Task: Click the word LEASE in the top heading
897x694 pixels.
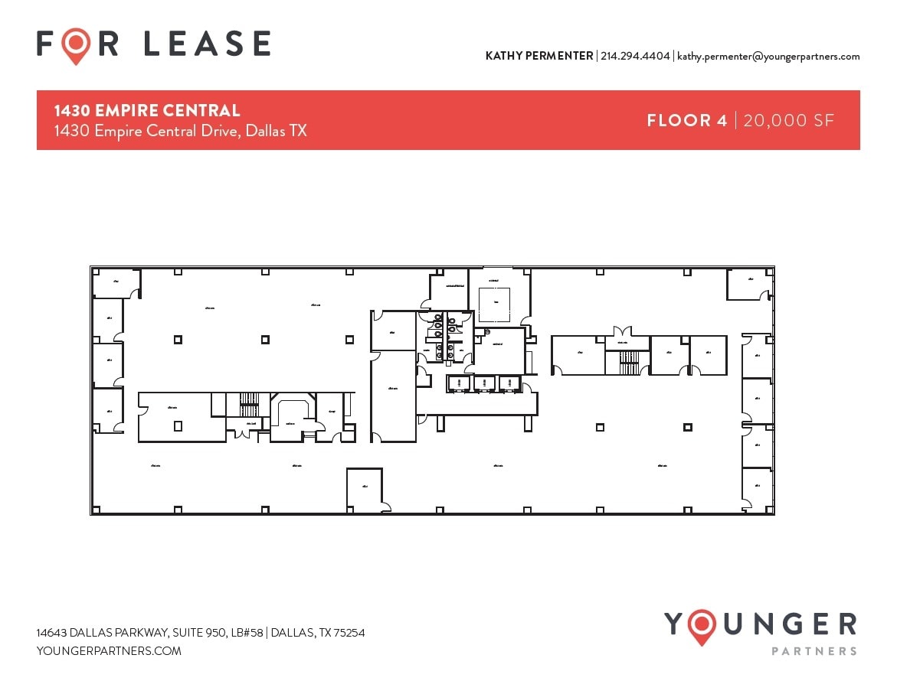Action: point(207,44)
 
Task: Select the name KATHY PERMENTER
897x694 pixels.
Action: point(539,56)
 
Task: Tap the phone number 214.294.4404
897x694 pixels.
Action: point(635,56)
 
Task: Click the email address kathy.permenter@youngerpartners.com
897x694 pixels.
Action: point(768,56)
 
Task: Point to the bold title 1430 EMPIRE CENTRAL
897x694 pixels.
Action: point(146,111)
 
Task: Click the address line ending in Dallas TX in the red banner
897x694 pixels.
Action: point(180,131)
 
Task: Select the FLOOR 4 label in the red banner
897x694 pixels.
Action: point(686,120)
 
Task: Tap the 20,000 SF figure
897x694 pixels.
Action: point(788,120)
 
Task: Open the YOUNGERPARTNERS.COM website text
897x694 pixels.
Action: point(109,651)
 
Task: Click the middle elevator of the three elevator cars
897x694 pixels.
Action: point(485,383)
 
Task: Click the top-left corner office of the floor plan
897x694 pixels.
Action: point(115,283)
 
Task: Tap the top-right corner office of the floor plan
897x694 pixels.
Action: point(748,285)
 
